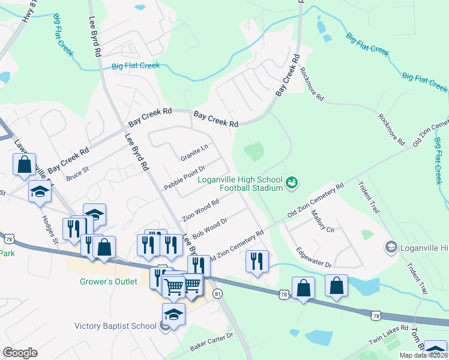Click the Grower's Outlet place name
tap(109, 281)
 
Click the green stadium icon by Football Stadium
tap(292, 182)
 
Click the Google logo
tap(19, 353)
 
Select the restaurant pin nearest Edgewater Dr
tap(257, 261)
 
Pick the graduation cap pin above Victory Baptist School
tap(173, 314)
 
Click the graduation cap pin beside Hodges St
tap(40, 191)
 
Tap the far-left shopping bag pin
tap(24, 164)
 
